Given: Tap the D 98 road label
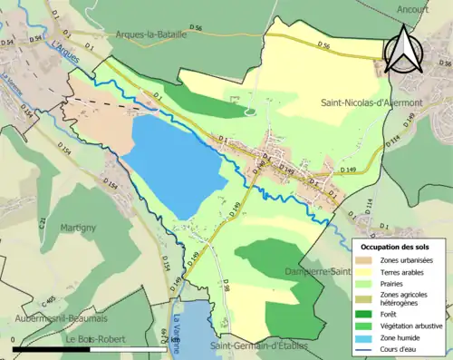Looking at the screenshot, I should [226, 292].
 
